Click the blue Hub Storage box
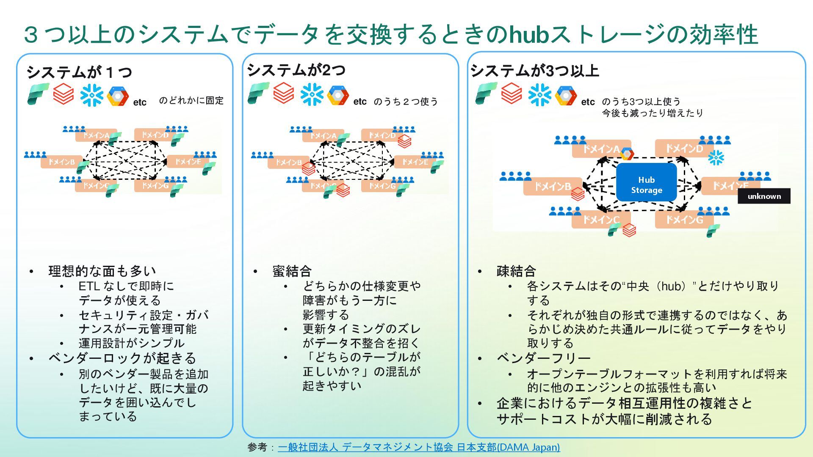(646, 182)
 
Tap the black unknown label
(764, 196)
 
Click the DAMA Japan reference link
(419, 447)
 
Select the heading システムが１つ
(79, 72)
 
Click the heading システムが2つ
(296, 70)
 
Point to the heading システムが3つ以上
(534, 71)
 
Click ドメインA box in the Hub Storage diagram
(601, 149)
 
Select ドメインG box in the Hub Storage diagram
(684, 220)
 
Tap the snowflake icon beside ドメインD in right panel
(716, 157)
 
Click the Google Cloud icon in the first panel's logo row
(118, 96)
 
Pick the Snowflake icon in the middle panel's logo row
(312, 94)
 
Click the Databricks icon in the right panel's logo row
(512, 94)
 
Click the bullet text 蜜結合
(292, 271)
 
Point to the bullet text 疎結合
(516, 271)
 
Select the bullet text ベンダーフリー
(543, 358)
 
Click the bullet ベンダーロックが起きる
(122, 358)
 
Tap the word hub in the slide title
(528, 35)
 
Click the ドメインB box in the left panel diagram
(61, 162)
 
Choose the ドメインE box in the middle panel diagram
(415, 162)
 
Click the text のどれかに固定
(191, 101)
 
